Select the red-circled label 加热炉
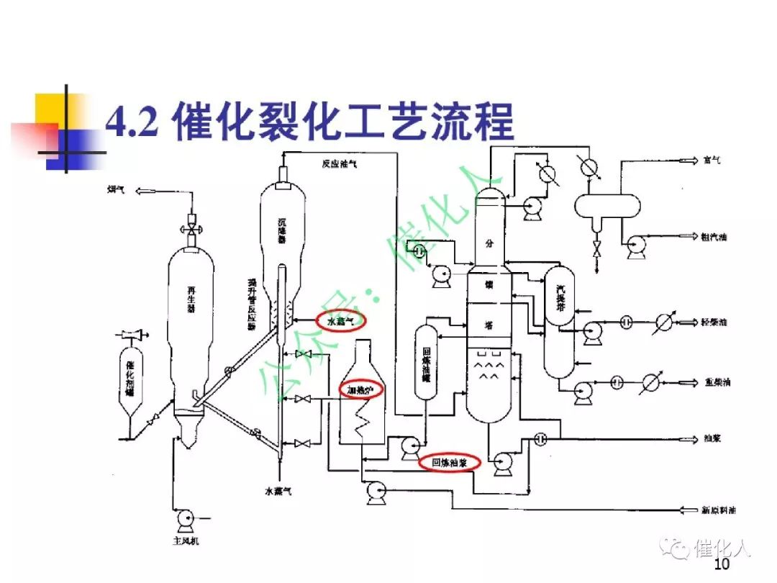(x=361, y=389)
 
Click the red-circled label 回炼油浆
(x=450, y=463)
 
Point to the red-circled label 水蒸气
(x=341, y=321)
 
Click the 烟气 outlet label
(x=116, y=189)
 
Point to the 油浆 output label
(x=712, y=439)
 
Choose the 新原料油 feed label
(x=719, y=510)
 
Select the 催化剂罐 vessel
(x=129, y=378)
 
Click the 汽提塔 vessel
(x=560, y=320)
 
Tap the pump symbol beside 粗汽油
(x=636, y=245)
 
